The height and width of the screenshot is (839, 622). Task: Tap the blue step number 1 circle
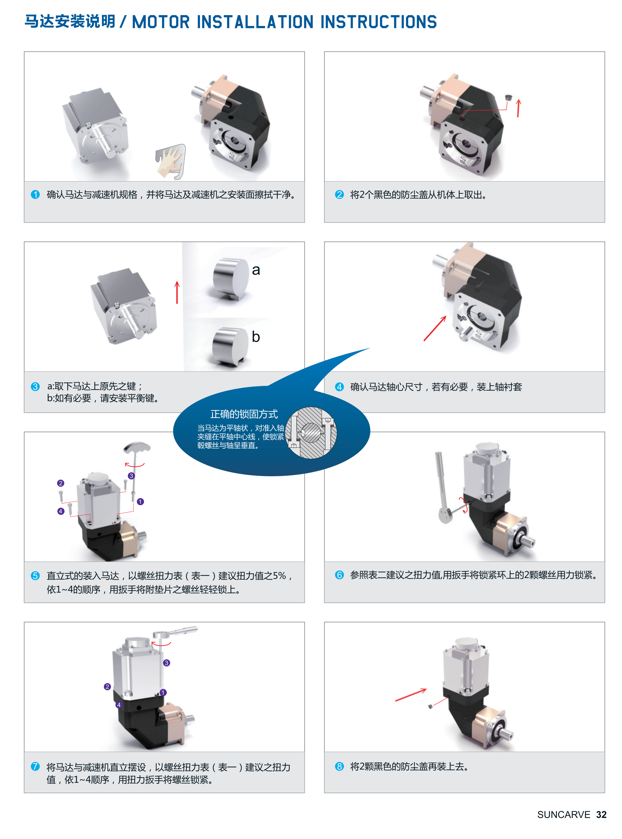point(36,194)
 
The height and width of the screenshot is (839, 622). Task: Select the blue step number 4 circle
point(339,387)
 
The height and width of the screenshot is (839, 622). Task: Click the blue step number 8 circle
point(339,766)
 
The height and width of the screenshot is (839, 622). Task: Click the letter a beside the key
point(256,270)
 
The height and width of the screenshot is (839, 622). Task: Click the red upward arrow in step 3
point(177,292)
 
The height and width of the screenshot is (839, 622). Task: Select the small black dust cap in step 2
point(508,98)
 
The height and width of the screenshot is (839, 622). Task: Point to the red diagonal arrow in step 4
point(435,328)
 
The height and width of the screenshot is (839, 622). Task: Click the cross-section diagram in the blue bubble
point(311,433)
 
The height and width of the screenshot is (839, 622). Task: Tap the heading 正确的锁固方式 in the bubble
point(244,414)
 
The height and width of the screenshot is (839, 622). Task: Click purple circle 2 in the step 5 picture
point(61,483)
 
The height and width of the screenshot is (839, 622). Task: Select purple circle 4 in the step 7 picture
point(119,705)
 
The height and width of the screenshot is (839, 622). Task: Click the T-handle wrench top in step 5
point(137,447)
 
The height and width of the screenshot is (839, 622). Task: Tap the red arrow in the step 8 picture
point(411,695)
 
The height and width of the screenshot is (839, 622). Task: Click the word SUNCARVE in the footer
point(564,815)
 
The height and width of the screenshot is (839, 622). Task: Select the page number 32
point(601,815)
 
